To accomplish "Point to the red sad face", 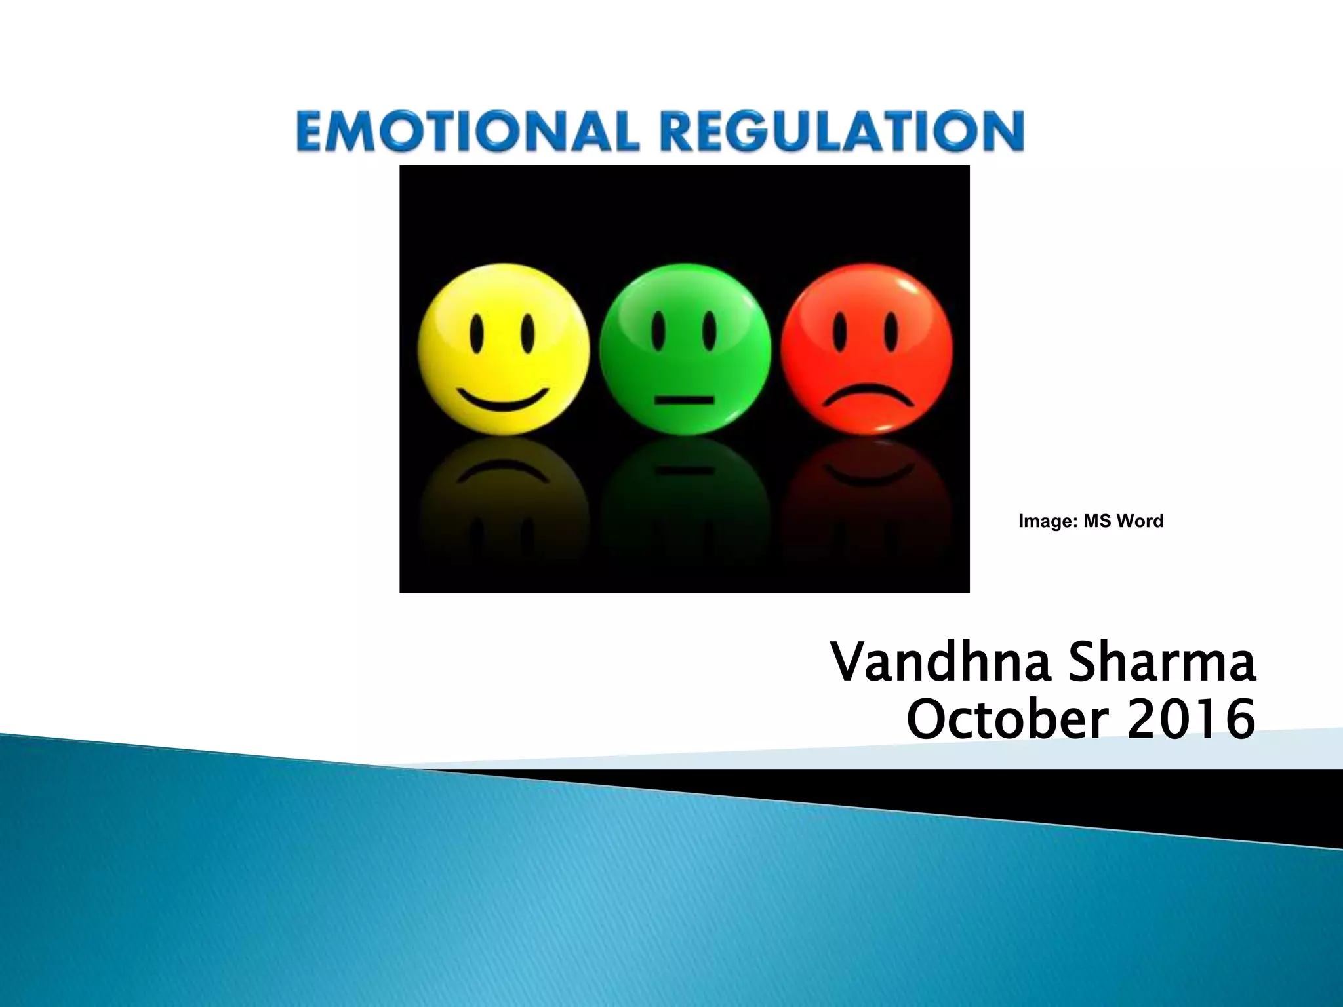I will (866, 349).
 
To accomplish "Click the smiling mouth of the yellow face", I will (503, 398).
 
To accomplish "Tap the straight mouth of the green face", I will (684, 399).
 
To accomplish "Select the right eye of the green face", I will (709, 329).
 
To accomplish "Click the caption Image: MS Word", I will (1091, 521).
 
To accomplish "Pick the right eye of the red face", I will (890, 329).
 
